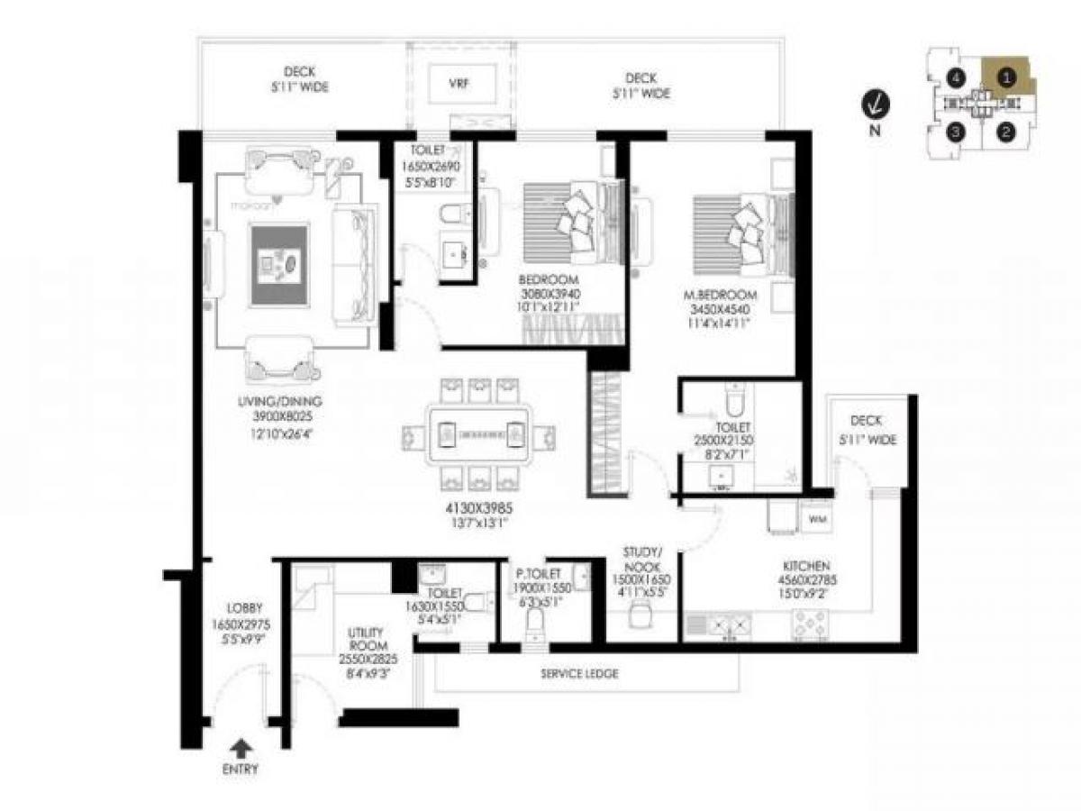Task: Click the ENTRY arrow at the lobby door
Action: pos(241,747)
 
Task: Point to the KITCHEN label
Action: pos(805,566)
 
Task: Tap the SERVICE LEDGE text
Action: pos(579,673)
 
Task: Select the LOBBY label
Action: pos(244,608)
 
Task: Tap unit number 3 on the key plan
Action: pos(957,133)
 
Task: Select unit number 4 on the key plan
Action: pos(957,78)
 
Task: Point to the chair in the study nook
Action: pos(640,615)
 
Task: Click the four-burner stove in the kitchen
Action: pos(810,623)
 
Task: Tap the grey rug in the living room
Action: pos(279,266)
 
